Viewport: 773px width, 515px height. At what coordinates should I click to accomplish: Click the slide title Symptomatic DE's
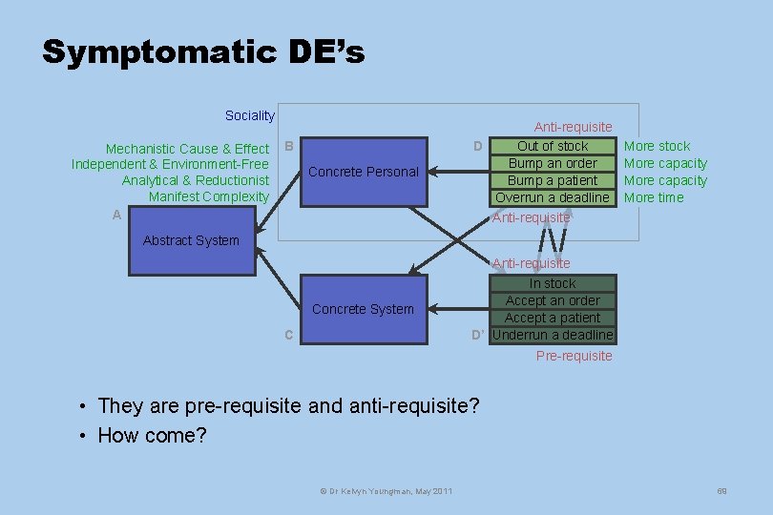(203, 51)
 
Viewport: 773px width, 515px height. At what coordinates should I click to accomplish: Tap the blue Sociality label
(249, 115)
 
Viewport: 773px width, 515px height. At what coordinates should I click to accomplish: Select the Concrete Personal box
(364, 172)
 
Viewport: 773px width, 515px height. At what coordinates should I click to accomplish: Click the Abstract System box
(191, 240)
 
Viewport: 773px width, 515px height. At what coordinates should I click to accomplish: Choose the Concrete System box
(364, 309)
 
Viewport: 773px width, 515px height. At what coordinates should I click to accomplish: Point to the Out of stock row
(553, 146)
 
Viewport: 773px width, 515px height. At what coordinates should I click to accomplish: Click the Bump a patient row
(553, 180)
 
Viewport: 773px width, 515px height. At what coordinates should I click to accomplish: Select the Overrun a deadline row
(553, 197)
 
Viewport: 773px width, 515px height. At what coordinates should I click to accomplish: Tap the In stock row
(553, 283)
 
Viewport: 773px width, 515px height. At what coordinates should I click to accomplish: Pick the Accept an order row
(553, 300)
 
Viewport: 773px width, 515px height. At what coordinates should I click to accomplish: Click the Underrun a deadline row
(553, 335)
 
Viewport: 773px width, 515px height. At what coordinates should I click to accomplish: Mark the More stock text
(657, 146)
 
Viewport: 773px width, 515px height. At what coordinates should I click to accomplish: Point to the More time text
(654, 197)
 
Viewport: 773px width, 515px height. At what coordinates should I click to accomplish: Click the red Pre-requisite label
(574, 356)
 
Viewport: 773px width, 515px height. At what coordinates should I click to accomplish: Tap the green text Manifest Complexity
(209, 196)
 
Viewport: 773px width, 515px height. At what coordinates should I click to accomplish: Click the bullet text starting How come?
(152, 436)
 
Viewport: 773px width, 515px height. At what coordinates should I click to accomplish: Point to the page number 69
(721, 490)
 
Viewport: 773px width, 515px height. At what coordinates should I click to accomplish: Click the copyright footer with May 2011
(385, 490)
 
